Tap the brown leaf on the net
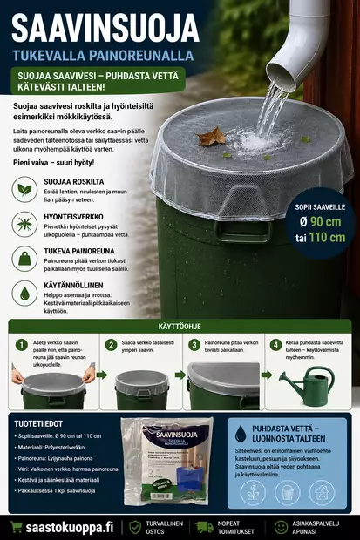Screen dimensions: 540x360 coord(211,136)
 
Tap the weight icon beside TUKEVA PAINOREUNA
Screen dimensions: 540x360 coord(24,259)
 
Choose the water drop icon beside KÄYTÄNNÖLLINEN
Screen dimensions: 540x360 coord(24,294)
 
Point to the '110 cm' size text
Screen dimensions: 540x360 coord(326,237)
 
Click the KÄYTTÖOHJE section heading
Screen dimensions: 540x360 coord(179,327)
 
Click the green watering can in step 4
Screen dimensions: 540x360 coord(306,386)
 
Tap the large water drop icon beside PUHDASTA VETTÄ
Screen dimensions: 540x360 coord(240,433)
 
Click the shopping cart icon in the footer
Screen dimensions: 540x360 coord(16,527)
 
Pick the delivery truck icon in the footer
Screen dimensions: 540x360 coord(204,527)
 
